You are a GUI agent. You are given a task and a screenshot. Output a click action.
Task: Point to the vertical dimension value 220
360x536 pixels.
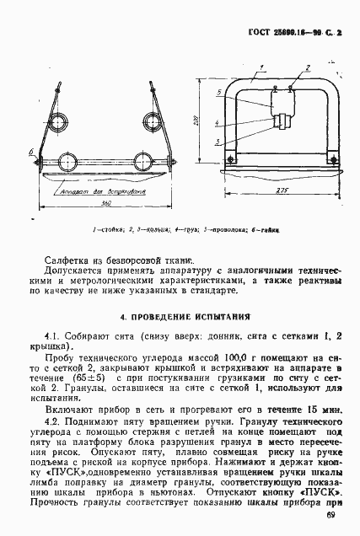tap(193, 122)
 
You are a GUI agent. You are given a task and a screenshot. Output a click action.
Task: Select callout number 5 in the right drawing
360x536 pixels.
tap(218, 91)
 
